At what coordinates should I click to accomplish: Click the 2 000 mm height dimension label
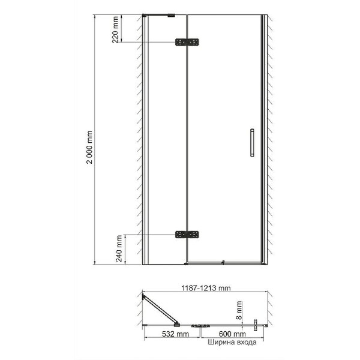click(x=89, y=147)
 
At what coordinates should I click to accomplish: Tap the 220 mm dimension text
click(x=115, y=29)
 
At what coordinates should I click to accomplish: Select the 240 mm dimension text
click(x=119, y=248)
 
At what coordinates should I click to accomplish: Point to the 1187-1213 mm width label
click(x=206, y=288)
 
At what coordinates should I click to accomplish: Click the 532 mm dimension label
click(x=175, y=334)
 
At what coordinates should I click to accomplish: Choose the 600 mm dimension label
click(x=232, y=334)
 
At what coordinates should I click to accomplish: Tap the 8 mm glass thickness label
click(x=239, y=310)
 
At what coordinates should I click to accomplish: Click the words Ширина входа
click(x=232, y=342)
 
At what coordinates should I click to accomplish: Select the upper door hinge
click(x=187, y=42)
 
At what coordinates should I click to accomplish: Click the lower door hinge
click(x=187, y=235)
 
